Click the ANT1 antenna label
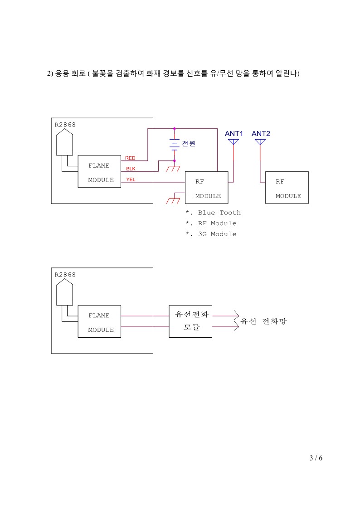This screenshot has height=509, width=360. coord(234,133)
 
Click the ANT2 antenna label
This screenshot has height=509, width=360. coord(261,133)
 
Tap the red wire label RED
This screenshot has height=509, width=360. coord(130,158)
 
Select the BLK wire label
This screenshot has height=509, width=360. coord(131,169)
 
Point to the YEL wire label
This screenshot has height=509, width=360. coord(131,179)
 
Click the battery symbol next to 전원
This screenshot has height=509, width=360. coord(174,144)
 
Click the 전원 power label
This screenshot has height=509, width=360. coord(189,144)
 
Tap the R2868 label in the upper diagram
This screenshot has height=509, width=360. coord(65,125)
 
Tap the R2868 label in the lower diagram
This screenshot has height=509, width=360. coord(65,275)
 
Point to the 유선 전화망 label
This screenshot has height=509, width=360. coord(263,321)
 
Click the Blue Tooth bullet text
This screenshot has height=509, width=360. coord(213,213)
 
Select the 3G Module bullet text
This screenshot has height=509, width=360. coord(211,234)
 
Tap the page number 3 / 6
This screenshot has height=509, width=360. coord(316,458)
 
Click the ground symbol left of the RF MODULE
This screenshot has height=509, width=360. coord(173,199)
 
